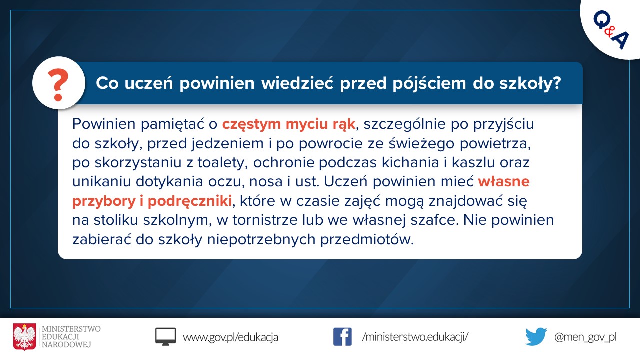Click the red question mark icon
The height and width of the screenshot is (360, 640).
click(58, 85)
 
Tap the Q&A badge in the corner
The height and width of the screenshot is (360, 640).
click(611, 30)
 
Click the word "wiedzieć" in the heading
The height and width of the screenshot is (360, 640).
click(297, 83)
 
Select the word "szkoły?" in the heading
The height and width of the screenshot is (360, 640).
click(530, 83)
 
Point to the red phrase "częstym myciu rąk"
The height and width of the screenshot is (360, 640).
click(289, 124)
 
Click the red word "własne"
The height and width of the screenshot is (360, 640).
click(504, 181)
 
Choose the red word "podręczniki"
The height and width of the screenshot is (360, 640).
click(189, 201)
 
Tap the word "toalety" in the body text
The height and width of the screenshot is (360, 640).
click(221, 163)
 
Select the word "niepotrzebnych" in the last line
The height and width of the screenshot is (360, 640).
click(261, 240)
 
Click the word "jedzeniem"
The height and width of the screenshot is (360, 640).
click(227, 143)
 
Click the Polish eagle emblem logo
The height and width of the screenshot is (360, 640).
click(25, 337)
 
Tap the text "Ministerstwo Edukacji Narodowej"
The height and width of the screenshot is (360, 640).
click(71, 337)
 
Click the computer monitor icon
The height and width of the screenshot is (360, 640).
click(165, 337)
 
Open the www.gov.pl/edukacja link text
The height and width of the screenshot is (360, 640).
click(230, 337)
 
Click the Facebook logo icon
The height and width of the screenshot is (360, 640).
click(342, 337)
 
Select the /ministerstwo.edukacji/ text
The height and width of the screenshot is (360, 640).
click(415, 337)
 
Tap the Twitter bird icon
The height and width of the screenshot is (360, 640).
click(536, 337)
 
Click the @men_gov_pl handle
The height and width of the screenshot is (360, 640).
click(585, 337)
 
